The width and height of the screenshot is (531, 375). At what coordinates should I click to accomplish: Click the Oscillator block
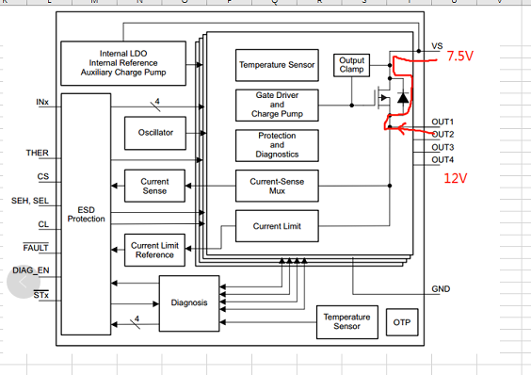click(x=154, y=133)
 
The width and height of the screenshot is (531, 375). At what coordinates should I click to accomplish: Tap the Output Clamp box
click(x=351, y=65)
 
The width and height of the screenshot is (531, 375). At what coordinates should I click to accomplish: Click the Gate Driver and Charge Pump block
click(x=276, y=105)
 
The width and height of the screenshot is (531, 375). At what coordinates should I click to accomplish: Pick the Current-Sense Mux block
click(x=276, y=186)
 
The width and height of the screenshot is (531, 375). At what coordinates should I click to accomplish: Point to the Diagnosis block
click(x=189, y=302)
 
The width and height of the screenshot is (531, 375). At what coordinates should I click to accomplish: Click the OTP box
click(x=402, y=322)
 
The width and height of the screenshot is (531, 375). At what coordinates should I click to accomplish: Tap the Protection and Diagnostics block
click(x=276, y=145)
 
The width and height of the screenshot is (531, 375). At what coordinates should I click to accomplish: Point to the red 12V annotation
click(x=456, y=178)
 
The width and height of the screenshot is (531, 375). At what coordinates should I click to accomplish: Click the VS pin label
click(x=437, y=46)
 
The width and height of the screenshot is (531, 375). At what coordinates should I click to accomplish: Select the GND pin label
click(x=441, y=288)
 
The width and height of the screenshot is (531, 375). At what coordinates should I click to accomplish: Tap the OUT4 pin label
click(x=442, y=160)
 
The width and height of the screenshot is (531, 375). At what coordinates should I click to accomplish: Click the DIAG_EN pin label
click(x=30, y=271)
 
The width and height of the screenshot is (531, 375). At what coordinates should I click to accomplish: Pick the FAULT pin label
click(x=36, y=248)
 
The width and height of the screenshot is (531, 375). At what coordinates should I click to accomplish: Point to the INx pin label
click(x=42, y=101)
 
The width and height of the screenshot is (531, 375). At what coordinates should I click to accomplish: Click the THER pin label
click(x=38, y=152)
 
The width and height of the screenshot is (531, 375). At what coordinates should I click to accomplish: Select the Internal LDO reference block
click(x=129, y=62)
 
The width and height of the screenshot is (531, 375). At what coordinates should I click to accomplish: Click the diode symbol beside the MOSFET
click(x=403, y=97)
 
